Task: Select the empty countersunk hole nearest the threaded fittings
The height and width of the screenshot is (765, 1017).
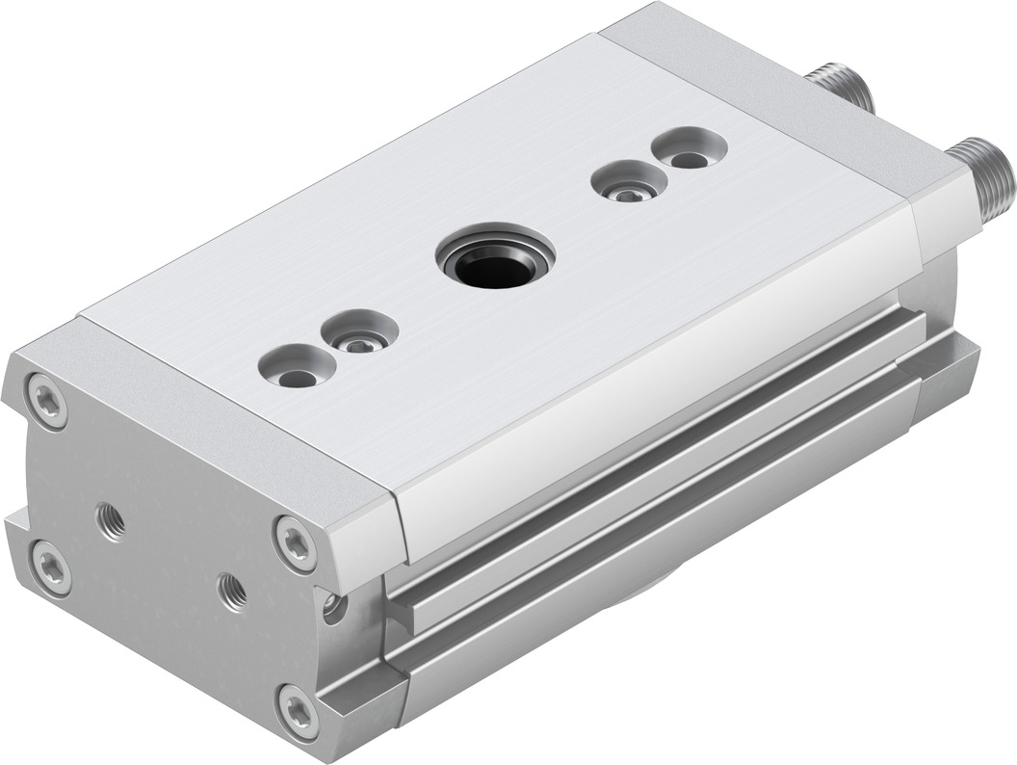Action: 687,151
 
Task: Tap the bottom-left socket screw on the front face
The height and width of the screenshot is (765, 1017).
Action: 49,567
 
